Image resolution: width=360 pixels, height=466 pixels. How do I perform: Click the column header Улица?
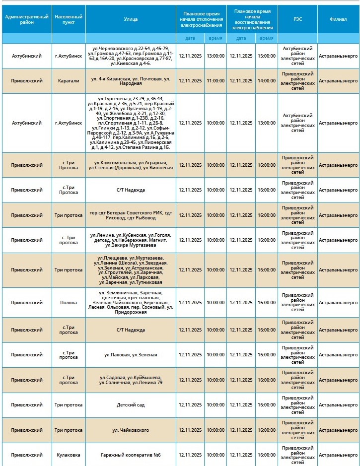[131, 19]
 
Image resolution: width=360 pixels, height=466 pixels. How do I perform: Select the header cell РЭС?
[297, 19]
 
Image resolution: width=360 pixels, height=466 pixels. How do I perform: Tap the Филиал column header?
[338, 19]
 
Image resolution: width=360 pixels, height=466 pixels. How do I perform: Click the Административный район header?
[27, 19]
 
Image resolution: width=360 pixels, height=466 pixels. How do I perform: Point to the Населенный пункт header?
[69, 19]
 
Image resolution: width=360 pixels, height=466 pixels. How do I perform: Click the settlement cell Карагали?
[69, 81]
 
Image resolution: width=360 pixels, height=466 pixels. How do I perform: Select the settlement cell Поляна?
[69, 302]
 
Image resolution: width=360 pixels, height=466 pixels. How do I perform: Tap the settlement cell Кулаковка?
[69, 455]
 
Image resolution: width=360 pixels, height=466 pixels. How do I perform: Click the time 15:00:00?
[266, 56]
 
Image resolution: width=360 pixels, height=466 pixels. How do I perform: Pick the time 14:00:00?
[266, 81]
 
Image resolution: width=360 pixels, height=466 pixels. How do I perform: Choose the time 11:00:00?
[216, 81]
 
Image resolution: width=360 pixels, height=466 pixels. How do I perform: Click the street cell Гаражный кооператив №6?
[131, 455]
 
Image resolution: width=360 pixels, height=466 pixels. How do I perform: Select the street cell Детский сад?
[131, 405]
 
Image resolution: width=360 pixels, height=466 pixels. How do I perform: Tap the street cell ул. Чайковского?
[131, 430]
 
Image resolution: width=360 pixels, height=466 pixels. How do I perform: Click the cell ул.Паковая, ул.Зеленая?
[131, 355]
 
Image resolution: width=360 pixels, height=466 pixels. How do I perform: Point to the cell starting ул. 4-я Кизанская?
[131, 81]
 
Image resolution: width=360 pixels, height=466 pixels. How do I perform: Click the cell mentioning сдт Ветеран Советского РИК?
[131, 215]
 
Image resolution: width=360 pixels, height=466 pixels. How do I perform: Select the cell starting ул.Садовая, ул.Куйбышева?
[131, 380]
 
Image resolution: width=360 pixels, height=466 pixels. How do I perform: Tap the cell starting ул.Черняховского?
[131, 56]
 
